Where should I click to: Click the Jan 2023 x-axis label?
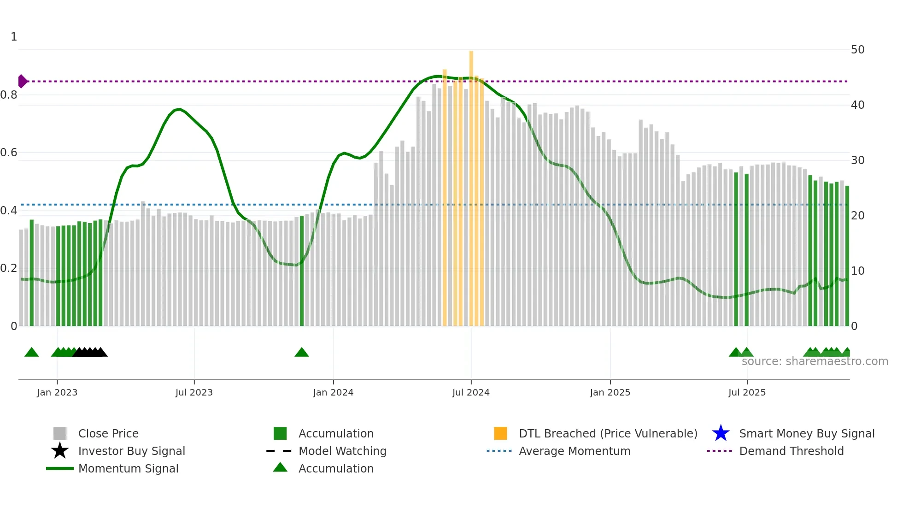coord(57,392)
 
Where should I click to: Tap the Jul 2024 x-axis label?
coord(470,392)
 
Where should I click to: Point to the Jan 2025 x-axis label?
coord(610,392)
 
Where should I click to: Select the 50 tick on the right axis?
coord(857,50)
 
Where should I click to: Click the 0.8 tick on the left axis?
coord(9,95)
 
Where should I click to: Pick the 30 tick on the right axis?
coord(857,160)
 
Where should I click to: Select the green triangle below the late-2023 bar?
coord(302,353)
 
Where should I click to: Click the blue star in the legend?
coord(721,433)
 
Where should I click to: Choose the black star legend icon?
coord(60,451)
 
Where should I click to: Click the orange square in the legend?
coord(500,433)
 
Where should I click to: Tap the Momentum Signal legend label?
coord(128,468)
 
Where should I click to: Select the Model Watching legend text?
coord(342,451)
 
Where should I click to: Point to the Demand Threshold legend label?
coord(791,451)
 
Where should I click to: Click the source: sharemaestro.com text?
coord(815,361)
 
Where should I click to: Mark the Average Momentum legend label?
coord(575,451)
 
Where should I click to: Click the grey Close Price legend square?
coord(60,433)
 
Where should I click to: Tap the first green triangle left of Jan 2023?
coord(31,353)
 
